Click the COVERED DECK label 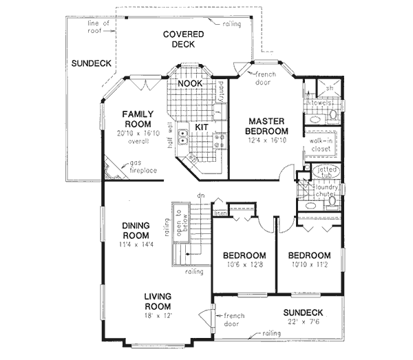pyautogui.click(x=178, y=39)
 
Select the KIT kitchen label pyautogui.click(x=201, y=127)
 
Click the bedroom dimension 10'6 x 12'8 pyautogui.click(x=244, y=262)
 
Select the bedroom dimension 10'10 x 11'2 pyautogui.click(x=308, y=262)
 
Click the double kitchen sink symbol pyautogui.click(x=182, y=138)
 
